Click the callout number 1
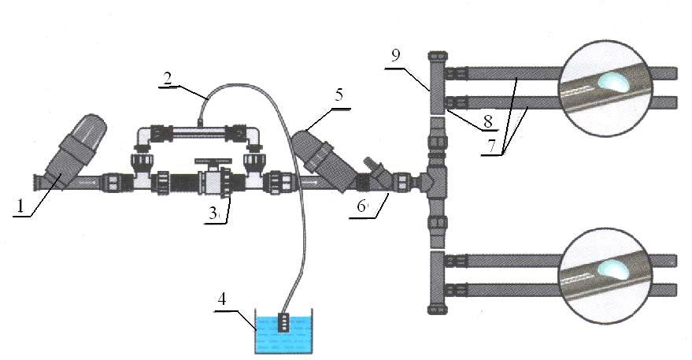pyautogui.click(x=19, y=206)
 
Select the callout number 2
pyautogui.click(x=167, y=78)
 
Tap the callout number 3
pyautogui.click(x=213, y=214)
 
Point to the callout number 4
pyautogui.click(x=221, y=299)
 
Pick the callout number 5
pyautogui.click(x=339, y=95)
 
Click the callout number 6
pyautogui.click(x=361, y=206)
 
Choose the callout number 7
pyautogui.click(x=491, y=147)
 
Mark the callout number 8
pyautogui.click(x=487, y=121)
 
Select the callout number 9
pyautogui.click(x=396, y=55)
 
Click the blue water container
pyautogui.click(x=284, y=334)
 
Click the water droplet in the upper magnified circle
pyautogui.click(x=612, y=82)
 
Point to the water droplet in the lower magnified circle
pyautogui.click(x=612, y=269)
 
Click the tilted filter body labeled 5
pyautogui.click(x=322, y=158)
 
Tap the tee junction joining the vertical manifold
pyautogui.click(x=435, y=180)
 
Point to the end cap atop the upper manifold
pyautogui.click(x=438, y=57)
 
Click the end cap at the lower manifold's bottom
pyautogui.click(x=438, y=310)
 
